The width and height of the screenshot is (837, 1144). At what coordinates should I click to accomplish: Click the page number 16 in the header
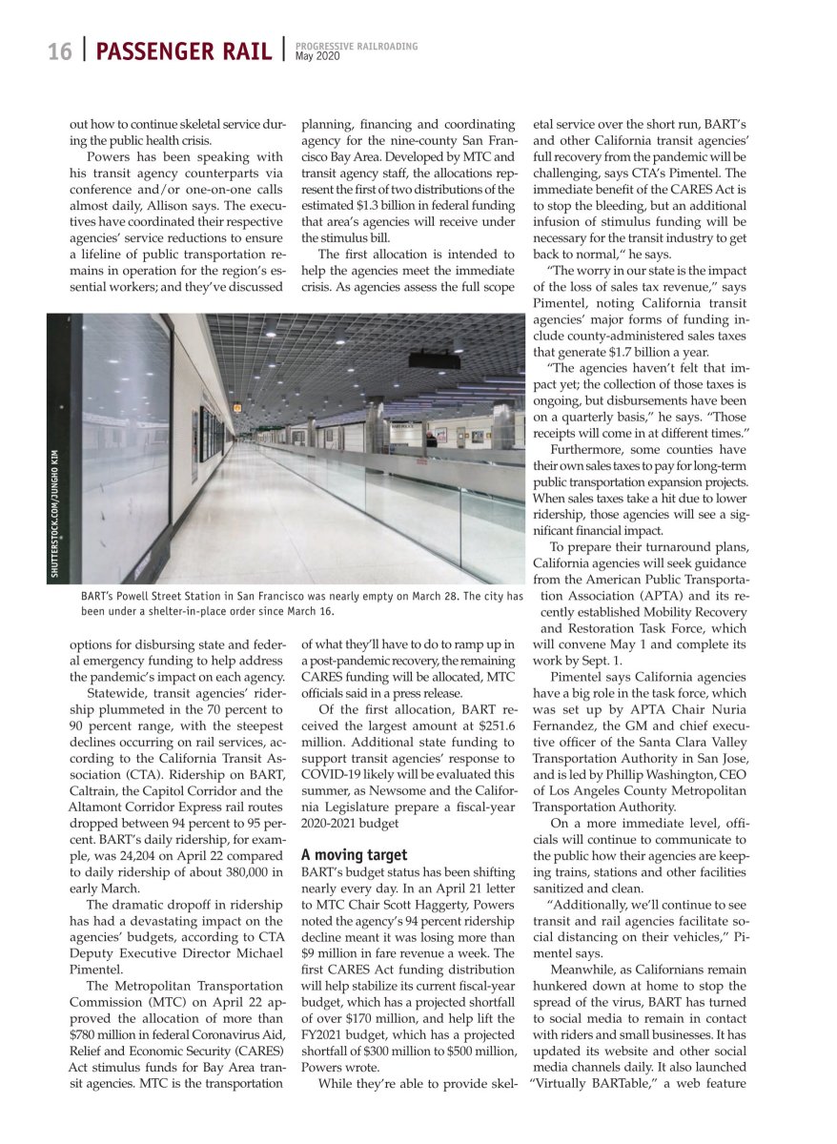(60, 51)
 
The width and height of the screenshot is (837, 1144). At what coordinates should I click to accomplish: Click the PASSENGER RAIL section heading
(184, 51)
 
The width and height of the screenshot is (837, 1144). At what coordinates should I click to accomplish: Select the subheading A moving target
(354, 855)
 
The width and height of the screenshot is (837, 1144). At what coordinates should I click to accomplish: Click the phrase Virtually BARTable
(589, 1083)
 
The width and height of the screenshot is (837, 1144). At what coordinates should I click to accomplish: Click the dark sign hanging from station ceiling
(435, 360)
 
